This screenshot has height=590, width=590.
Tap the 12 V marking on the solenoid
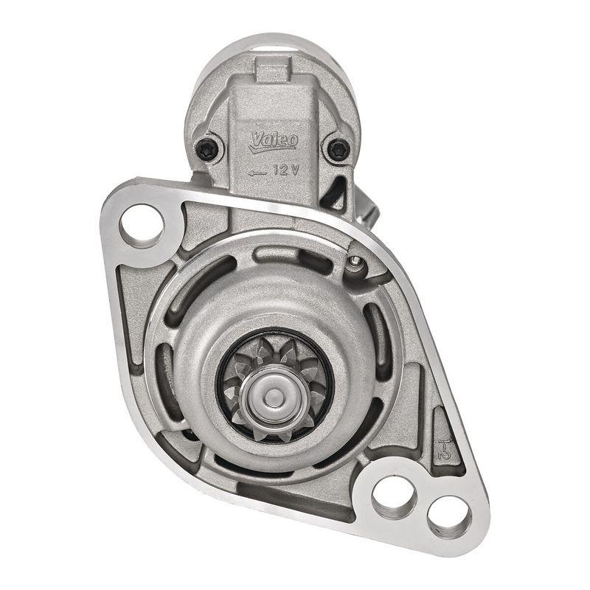[285, 170]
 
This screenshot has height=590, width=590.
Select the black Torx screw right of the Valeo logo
[339, 149]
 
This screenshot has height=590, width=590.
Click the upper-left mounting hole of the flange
[141, 224]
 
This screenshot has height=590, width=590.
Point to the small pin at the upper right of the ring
[357, 262]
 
